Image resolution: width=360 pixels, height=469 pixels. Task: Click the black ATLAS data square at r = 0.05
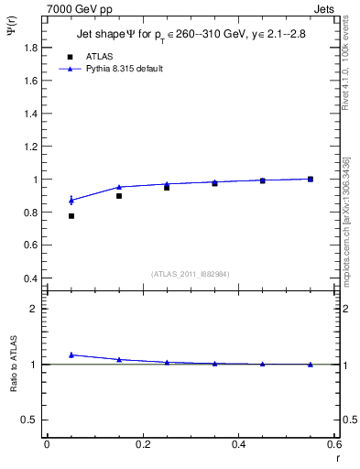click(x=71, y=216)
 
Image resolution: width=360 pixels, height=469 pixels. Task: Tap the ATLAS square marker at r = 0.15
click(x=119, y=196)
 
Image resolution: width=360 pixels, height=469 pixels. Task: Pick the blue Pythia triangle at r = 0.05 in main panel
click(x=71, y=200)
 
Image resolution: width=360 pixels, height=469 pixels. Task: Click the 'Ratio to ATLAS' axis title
click(x=13, y=364)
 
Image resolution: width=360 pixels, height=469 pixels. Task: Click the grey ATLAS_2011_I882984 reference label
click(x=189, y=274)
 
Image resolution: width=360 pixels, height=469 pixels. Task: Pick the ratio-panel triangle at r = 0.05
click(x=71, y=354)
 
